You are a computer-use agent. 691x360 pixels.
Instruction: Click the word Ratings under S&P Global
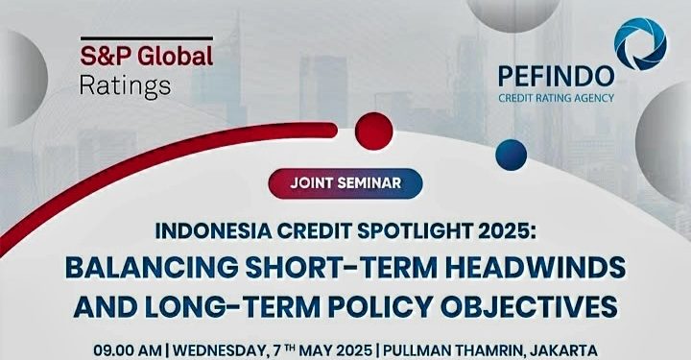pyautogui.click(x=126, y=85)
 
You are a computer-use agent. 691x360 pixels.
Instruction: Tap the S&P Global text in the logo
pyautogui.click(x=146, y=57)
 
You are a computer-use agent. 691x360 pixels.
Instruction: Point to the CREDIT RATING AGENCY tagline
pyautogui.click(x=556, y=96)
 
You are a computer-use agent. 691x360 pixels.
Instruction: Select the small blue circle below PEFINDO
pyautogui.click(x=512, y=154)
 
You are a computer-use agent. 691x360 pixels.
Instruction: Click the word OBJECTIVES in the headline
pyautogui.click(x=536, y=308)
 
